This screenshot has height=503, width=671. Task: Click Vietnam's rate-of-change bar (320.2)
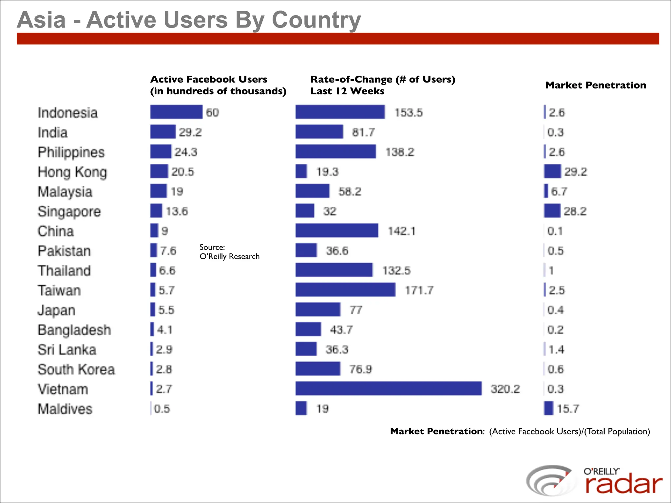tap(388, 388)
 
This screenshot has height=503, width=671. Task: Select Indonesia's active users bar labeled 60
tap(176, 112)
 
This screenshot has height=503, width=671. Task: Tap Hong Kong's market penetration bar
tap(552, 171)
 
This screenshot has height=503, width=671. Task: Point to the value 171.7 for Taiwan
tap(419, 290)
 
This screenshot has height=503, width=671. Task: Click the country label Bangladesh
tap(74, 330)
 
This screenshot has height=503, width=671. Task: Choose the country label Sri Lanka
tap(67, 349)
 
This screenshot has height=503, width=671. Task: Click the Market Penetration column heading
tap(596, 85)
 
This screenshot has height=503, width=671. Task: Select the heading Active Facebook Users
tap(209, 79)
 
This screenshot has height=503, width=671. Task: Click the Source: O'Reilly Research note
tap(229, 252)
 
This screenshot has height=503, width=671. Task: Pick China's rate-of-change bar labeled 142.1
tap(336, 231)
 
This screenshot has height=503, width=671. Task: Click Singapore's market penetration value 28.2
tap(575, 211)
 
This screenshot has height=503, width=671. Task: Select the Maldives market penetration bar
tap(548, 408)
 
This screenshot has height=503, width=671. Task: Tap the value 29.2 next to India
tap(190, 132)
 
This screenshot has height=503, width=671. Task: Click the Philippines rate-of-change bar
tap(335, 152)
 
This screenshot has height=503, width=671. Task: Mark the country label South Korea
tap(76, 369)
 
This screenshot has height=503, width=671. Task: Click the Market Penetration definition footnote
tap(520, 431)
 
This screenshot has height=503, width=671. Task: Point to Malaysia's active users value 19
tap(177, 192)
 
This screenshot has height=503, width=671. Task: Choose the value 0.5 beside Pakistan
tap(555, 251)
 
